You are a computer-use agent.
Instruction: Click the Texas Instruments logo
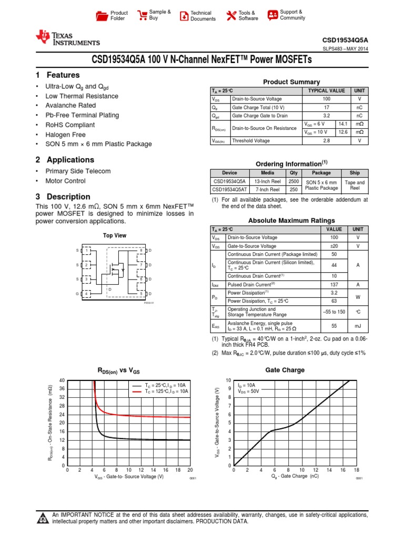pyautogui.click(x=67, y=38)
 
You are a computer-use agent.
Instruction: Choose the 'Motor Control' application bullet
pyautogui.click(x=65, y=181)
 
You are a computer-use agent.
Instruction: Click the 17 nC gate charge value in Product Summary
pyautogui.click(x=326, y=108)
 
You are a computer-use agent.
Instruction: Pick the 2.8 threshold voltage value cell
pyautogui.click(x=326, y=141)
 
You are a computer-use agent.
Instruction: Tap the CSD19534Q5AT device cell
pyautogui.click(x=230, y=189)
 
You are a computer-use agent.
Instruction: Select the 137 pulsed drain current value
pyautogui.click(x=334, y=284)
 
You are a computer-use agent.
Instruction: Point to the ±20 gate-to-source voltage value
pyautogui.click(x=334, y=246)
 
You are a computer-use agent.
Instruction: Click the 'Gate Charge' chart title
pyautogui.click(x=285, y=370)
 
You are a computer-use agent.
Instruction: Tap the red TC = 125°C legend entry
pyautogui.click(x=160, y=392)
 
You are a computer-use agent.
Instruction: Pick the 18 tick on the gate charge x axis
pyautogui.click(x=357, y=470)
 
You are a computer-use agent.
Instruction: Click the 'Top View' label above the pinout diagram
pyautogui.click(x=115, y=236)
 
